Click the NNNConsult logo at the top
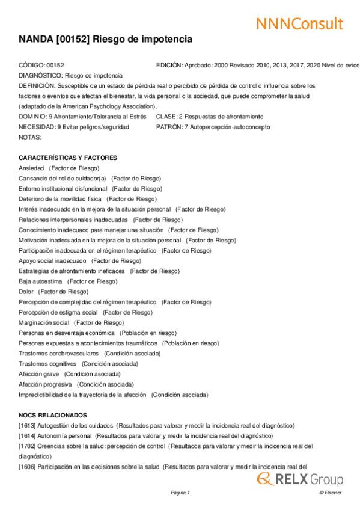[299, 23]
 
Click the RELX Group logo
[301, 479]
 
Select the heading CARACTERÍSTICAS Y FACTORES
[68, 158]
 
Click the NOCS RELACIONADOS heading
[53, 415]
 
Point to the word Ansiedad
[31, 168]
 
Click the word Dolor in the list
[26, 292]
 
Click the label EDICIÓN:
[169, 65]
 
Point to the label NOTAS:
[30, 137]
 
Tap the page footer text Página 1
[180, 493]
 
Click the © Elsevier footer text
[330, 493]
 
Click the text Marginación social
[44, 322]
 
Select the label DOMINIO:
[33, 117]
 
